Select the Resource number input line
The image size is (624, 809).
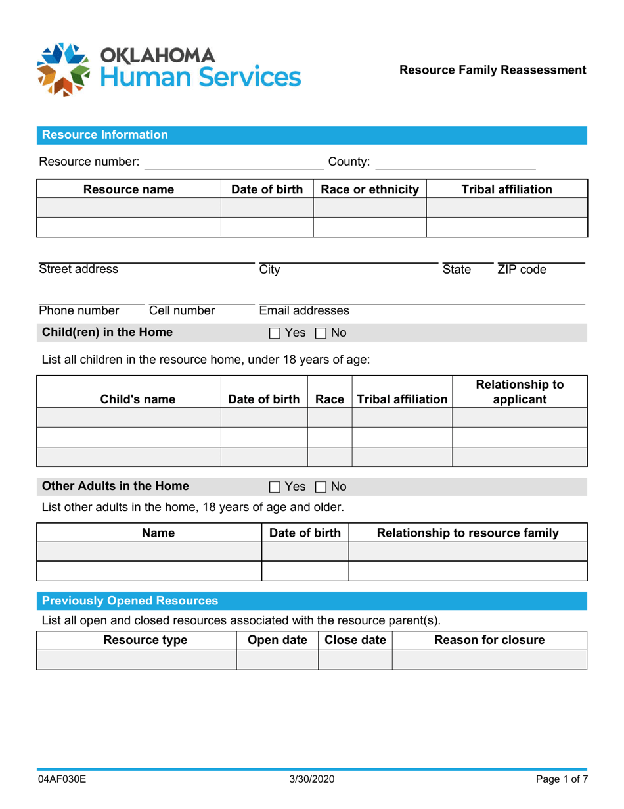(225, 162)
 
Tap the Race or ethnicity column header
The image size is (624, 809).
(370, 189)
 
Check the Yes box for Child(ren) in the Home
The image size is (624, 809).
(275, 333)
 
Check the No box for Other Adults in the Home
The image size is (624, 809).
(321, 487)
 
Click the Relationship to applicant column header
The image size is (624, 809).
(520, 391)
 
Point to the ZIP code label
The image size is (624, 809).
(522, 269)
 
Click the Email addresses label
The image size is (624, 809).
(304, 310)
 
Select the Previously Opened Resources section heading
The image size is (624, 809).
(130, 601)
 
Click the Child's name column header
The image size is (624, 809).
(129, 399)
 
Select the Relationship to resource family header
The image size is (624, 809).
(468, 533)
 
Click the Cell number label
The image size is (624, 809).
(182, 310)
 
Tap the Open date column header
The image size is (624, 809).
(277, 640)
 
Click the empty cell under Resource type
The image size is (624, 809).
(136, 660)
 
